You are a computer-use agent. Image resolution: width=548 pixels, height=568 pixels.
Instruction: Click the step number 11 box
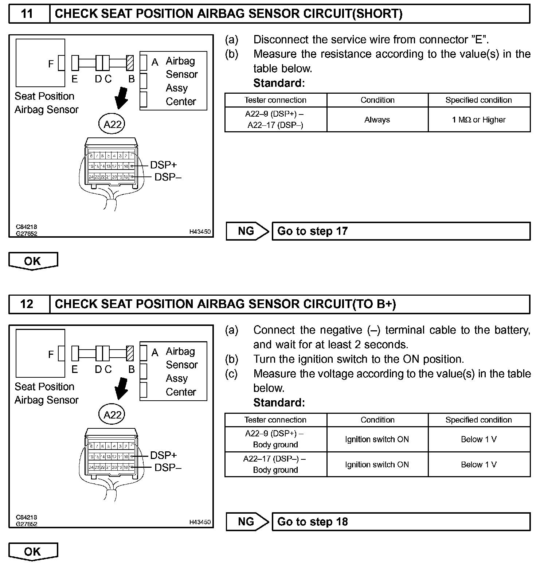(x=28, y=14)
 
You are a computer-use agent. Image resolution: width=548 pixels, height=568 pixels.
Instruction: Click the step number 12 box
(x=28, y=304)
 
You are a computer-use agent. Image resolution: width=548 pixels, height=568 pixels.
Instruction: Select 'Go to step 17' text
(x=312, y=231)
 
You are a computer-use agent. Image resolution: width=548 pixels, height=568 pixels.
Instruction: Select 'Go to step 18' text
(x=312, y=522)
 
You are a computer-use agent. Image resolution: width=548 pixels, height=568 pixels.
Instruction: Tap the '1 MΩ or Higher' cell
(x=479, y=120)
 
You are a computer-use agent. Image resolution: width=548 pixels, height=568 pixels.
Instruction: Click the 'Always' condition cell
(x=377, y=120)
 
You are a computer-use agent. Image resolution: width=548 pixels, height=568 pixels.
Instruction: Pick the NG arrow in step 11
(x=247, y=231)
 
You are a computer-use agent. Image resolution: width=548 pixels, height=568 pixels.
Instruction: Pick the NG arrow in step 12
(x=247, y=522)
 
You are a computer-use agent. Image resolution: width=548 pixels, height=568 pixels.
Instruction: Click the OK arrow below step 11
(x=33, y=261)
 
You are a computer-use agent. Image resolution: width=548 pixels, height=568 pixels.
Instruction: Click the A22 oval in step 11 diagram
(x=112, y=124)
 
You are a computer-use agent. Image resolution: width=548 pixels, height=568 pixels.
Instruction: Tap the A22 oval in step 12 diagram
(x=112, y=415)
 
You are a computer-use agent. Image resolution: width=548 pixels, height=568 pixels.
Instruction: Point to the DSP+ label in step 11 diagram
(x=163, y=165)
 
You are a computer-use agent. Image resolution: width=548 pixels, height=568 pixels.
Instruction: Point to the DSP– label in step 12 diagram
(x=168, y=467)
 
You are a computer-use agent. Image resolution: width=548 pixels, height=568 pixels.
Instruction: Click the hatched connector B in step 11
(x=130, y=63)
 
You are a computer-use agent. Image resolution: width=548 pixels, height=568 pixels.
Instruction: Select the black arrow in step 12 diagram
(x=121, y=388)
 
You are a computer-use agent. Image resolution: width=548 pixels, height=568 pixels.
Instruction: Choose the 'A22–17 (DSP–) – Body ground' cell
(x=275, y=464)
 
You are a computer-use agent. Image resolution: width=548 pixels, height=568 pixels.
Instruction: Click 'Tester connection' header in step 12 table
(x=275, y=420)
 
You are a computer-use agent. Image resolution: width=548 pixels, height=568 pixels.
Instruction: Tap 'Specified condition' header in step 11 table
(x=479, y=100)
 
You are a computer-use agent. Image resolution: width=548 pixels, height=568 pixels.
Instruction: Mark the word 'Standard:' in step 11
(x=279, y=83)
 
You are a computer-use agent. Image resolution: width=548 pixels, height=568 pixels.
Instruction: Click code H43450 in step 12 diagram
(x=200, y=522)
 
